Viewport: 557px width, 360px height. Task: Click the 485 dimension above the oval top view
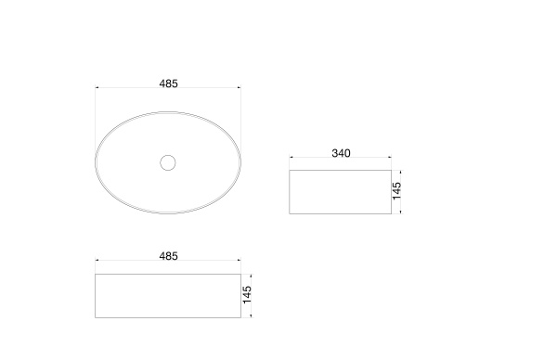click(x=168, y=84)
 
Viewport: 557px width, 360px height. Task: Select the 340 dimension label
click(x=341, y=153)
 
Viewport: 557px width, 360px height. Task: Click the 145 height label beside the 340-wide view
click(x=396, y=191)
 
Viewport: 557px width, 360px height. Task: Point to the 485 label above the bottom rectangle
click(x=168, y=256)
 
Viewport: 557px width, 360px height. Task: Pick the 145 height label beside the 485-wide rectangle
click(x=247, y=295)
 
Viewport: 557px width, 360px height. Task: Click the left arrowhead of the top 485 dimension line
click(x=97, y=87)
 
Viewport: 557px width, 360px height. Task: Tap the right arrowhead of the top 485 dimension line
click(x=240, y=87)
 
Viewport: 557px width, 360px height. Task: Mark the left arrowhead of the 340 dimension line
click(x=291, y=157)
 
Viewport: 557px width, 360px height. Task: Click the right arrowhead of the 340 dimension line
click(x=390, y=157)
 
